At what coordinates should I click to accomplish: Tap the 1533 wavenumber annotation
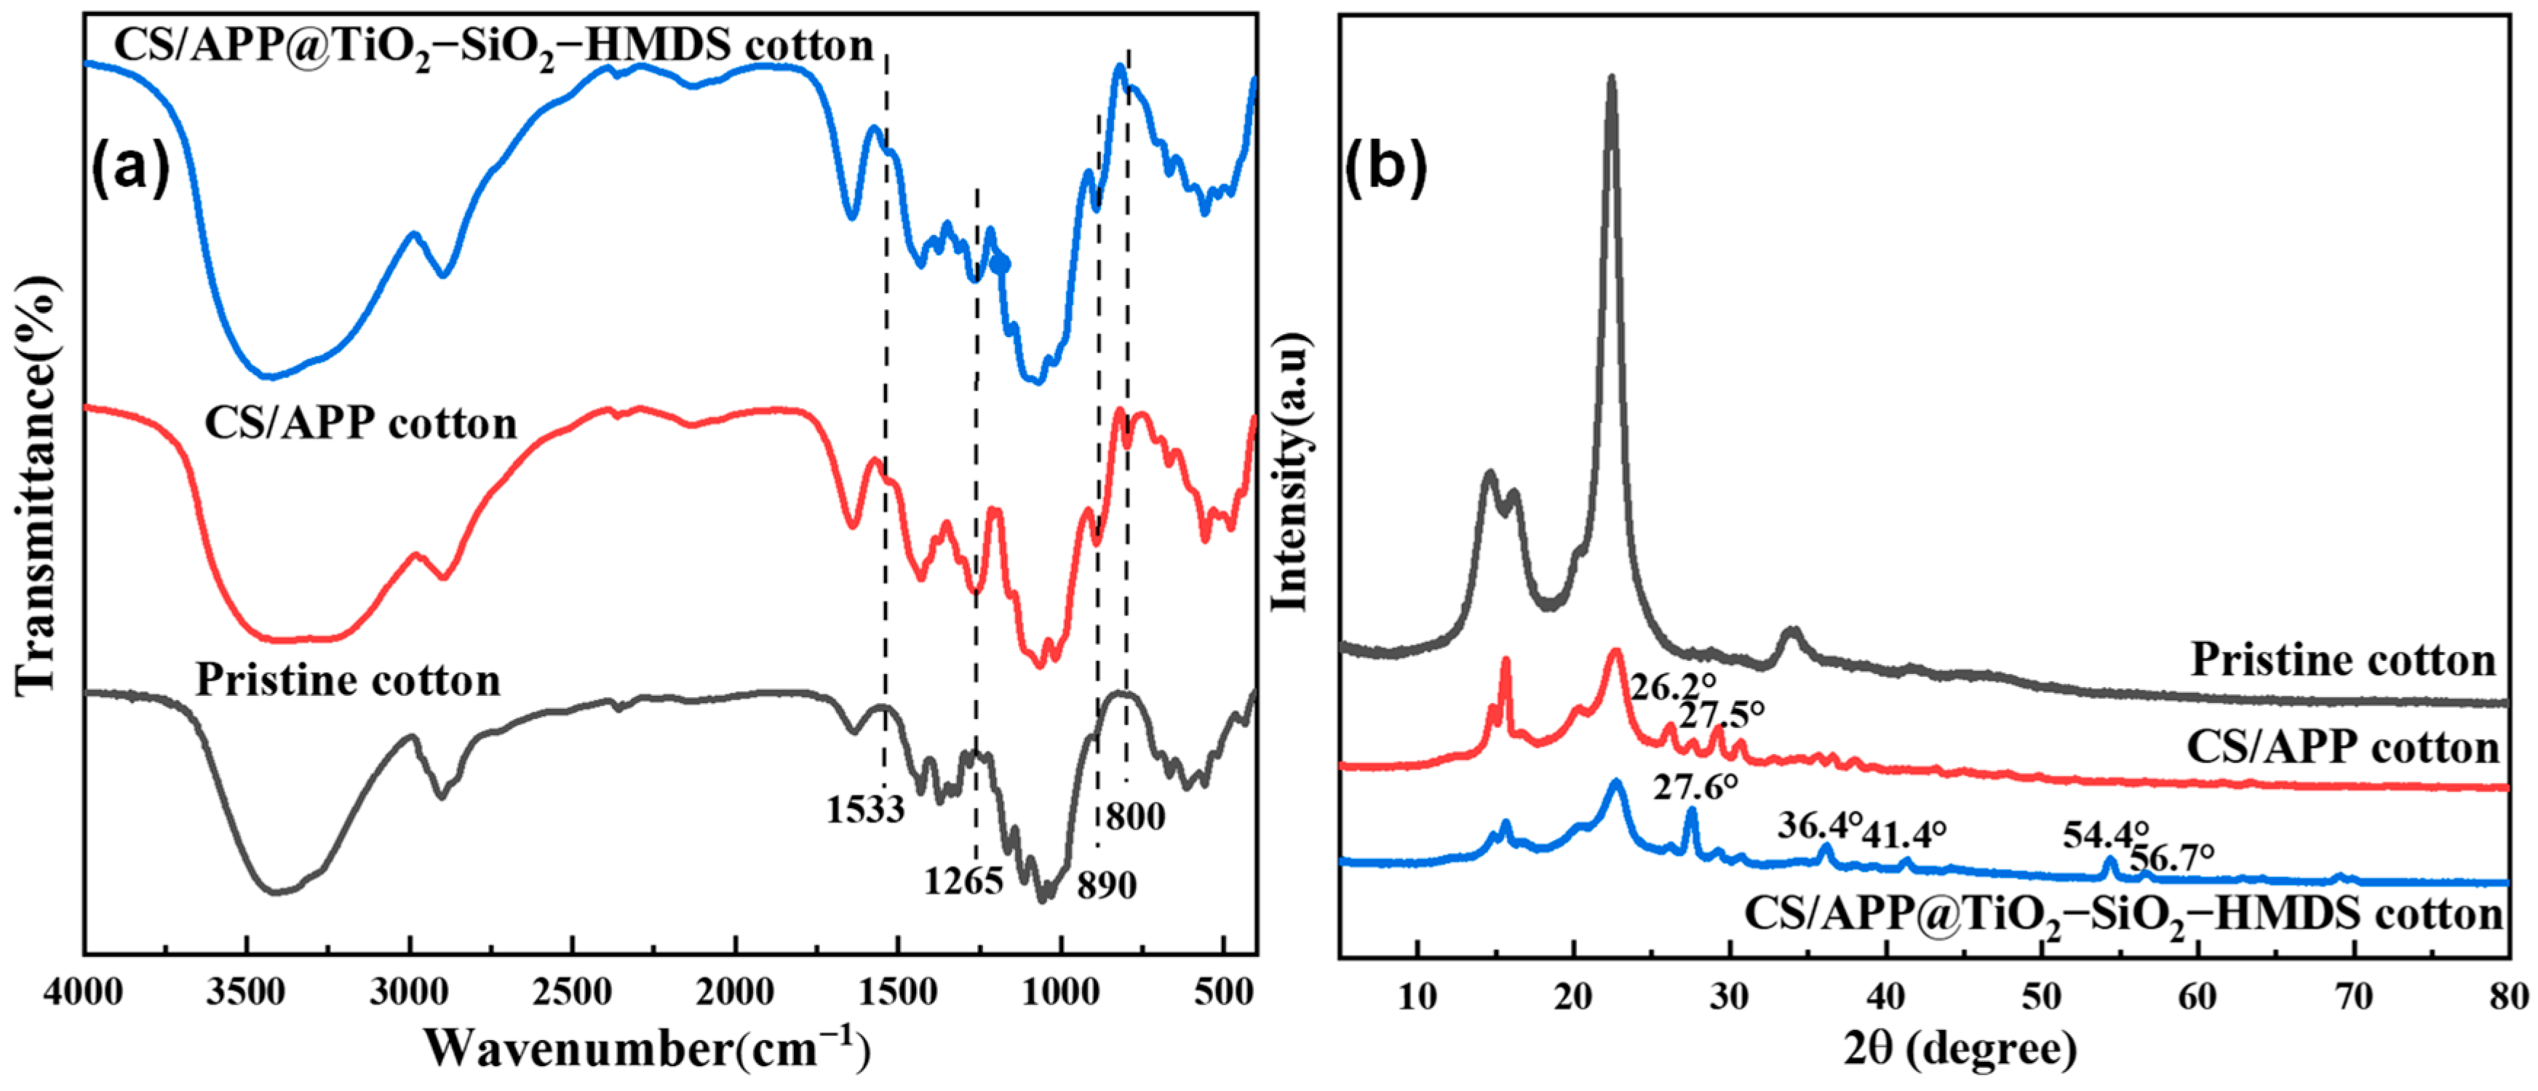(865, 809)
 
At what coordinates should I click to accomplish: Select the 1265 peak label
(963, 880)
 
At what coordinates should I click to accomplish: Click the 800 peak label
(1135, 816)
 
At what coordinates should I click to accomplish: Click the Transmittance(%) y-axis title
(37, 483)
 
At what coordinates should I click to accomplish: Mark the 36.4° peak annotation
(1821, 824)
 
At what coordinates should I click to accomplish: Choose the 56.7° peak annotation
(2171, 857)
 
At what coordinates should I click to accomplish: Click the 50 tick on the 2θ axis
(2042, 996)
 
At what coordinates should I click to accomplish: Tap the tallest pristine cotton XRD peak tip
(1612, 77)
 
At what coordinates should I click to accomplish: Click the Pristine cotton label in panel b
(2343, 659)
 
